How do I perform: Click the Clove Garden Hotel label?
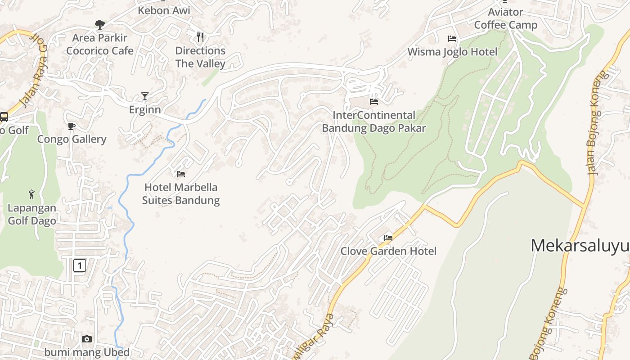(388, 251)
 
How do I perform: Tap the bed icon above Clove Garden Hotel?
(388, 238)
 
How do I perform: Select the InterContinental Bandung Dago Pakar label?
(373, 122)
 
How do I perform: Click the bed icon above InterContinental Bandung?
(373, 101)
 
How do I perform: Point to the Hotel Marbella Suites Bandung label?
(181, 193)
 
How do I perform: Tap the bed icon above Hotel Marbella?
(181, 174)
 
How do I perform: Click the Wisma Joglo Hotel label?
(452, 52)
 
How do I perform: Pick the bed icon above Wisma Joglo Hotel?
(452, 39)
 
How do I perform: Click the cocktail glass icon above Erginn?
(144, 96)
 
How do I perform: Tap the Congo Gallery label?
(72, 139)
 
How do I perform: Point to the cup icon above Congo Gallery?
(72, 126)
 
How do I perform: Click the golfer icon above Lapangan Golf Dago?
(31, 194)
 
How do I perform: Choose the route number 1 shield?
(79, 265)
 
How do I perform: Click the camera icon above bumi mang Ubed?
(87, 339)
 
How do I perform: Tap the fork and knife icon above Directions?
(200, 37)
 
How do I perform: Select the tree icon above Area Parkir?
(100, 24)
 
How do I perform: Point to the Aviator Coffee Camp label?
(505, 18)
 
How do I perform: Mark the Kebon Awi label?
(164, 10)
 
